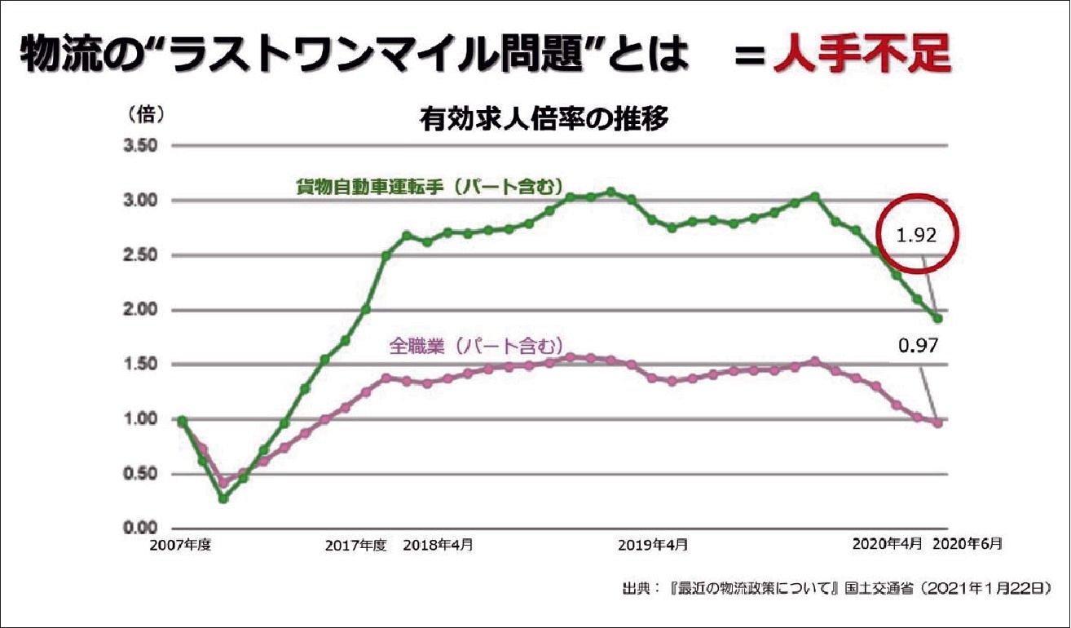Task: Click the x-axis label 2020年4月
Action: coord(888,544)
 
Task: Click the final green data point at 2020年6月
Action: coord(937,318)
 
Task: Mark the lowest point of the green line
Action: coord(223,498)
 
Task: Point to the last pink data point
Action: coord(937,422)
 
